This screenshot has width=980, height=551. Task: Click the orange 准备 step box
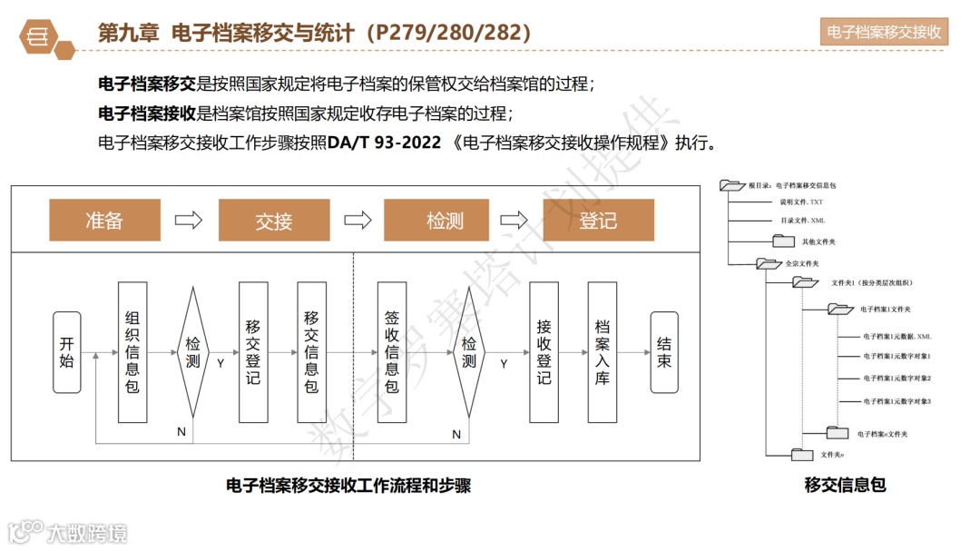(104, 220)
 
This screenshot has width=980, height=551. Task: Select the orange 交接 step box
(273, 220)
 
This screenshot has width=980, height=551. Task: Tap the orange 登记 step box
(598, 220)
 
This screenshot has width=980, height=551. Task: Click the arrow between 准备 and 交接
(189, 220)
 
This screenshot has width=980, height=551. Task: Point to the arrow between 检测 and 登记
(514, 220)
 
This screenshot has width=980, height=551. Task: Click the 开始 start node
(67, 352)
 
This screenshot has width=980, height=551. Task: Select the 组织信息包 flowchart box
(132, 352)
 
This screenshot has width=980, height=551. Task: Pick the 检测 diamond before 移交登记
(193, 352)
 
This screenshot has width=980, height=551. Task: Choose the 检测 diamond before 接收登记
(468, 352)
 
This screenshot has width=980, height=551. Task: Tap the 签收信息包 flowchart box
(391, 352)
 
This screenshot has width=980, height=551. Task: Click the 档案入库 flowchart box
(602, 352)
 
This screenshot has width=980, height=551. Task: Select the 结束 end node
(664, 352)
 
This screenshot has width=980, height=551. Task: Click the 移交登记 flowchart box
(253, 352)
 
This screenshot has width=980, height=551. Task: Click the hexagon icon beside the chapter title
(40, 35)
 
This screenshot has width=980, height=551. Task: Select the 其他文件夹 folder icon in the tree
(784, 241)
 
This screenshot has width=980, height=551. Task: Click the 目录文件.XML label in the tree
(802, 221)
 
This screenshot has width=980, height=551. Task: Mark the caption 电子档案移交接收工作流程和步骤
(348, 486)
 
